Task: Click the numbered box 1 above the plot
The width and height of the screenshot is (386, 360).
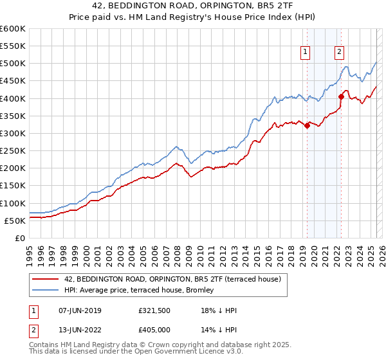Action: (304, 53)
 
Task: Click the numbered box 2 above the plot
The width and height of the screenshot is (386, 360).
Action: (339, 53)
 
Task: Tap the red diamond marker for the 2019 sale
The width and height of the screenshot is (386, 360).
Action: (307, 126)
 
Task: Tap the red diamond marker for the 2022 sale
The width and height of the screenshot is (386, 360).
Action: (341, 97)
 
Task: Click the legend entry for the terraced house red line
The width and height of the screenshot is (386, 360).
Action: (172, 280)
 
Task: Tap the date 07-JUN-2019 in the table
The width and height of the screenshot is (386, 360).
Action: (79, 310)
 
